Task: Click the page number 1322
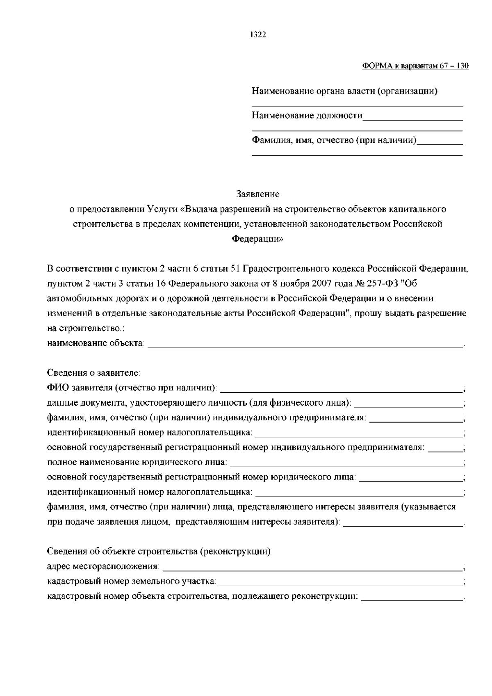[258, 35]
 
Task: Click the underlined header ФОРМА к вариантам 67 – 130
[415, 66]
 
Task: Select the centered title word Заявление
[258, 194]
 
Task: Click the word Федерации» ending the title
[257, 239]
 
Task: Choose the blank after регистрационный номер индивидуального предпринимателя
[445, 449]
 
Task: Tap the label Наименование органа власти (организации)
[344, 91]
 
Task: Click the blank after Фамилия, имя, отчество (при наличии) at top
[440, 142]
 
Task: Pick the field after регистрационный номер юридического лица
[410, 478]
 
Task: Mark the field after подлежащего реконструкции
[412, 598]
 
